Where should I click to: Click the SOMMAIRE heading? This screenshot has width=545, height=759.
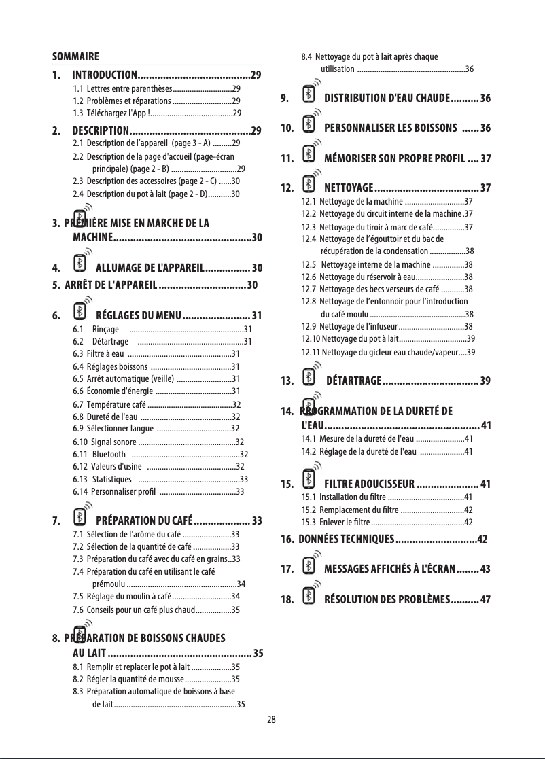coord(76,56)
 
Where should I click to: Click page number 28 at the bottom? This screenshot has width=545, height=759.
coord(272,720)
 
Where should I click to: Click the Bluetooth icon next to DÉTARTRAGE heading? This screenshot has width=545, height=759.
coord(309,378)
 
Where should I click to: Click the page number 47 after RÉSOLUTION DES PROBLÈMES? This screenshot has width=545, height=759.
coord(485,599)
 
